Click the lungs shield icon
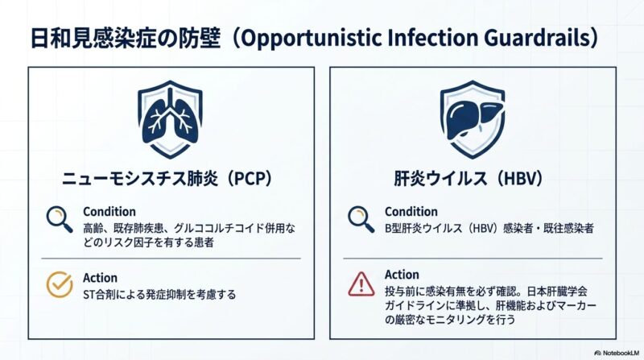(x=170, y=119)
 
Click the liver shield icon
(x=473, y=119)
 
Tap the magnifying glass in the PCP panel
(x=59, y=219)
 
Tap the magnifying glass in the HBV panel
(x=361, y=219)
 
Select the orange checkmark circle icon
(x=60, y=284)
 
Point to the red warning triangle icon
(x=361, y=284)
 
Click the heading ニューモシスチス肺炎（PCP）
(x=167, y=179)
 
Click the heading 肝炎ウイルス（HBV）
(x=469, y=179)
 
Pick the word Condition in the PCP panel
(x=109, y=212)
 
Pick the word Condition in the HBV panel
(x=411, y=212)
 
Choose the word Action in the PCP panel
(x=100, y=278)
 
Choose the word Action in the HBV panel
(x=402, y=275)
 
